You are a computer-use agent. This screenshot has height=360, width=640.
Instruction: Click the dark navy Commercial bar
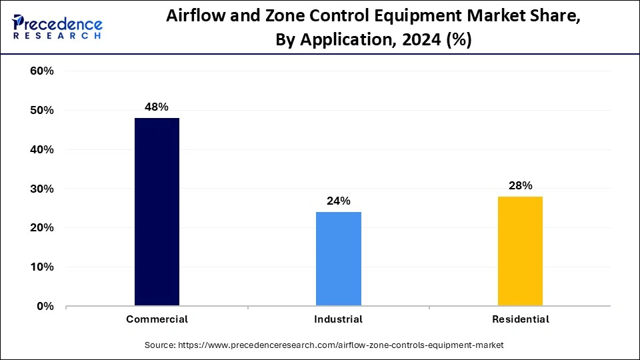[x=157, y=212]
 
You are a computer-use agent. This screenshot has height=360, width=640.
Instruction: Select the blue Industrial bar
[x=339, y=259]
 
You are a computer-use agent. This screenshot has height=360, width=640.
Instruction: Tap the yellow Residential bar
[x=520, y=251]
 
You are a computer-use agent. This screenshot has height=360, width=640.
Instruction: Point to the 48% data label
[x=157, y=107]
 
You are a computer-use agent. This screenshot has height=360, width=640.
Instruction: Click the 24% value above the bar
[x=339, y=201]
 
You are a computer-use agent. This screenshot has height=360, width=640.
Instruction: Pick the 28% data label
[x=520, y=186]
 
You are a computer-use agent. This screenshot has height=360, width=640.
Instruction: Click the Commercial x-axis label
[x=157, y=319]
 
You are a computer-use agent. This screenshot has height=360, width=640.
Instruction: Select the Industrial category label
[x=339, y=319]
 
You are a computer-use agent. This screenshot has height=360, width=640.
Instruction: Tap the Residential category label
[x=521, y=319]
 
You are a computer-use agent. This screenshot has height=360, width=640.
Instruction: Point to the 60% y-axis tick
[x=42, y=71]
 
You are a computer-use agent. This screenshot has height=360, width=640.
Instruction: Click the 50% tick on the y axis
[x=42, y=111]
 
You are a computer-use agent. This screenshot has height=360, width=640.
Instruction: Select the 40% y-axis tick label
[x=42, y=150]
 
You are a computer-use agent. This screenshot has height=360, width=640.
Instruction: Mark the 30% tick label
[x=42, y=189]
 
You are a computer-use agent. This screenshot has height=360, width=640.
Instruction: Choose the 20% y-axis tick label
[x=42, y=228]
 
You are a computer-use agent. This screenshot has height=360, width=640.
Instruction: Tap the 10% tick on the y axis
[x=42, y=267]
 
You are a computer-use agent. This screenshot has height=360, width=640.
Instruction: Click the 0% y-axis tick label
[x=45, y=307]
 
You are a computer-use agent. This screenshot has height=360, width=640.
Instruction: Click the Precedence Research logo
[x=57, y=27]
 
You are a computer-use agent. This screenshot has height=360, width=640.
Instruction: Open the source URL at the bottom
[x=324, y=345]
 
